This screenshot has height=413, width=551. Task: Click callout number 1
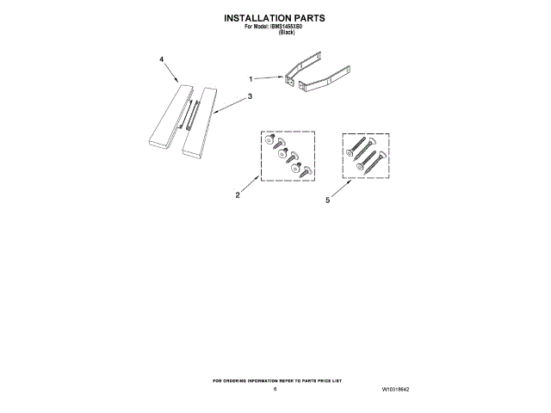click(x=251, y=78)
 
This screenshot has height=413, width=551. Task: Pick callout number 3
click(x=250, y=97)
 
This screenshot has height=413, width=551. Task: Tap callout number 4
click(x=162, y=59)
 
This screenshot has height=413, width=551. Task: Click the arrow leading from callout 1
click(x=269, y=78)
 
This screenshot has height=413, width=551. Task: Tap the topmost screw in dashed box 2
click(x=269, y=139)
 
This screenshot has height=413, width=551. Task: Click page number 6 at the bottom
click(x=275, y=389)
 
